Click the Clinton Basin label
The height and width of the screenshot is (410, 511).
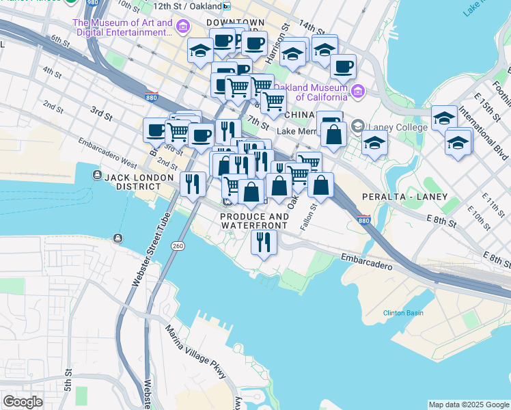403,313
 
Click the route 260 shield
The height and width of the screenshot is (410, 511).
178,245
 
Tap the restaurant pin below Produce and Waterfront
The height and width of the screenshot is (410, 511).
262,241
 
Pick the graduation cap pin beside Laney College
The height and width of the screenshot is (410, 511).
374,143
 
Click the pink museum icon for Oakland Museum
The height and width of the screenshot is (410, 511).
357,92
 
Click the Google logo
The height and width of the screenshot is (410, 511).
23,402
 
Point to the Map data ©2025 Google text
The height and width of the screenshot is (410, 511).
468,405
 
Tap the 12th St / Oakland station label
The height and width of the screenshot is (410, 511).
187,6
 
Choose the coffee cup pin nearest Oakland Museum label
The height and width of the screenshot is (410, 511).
343,67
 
